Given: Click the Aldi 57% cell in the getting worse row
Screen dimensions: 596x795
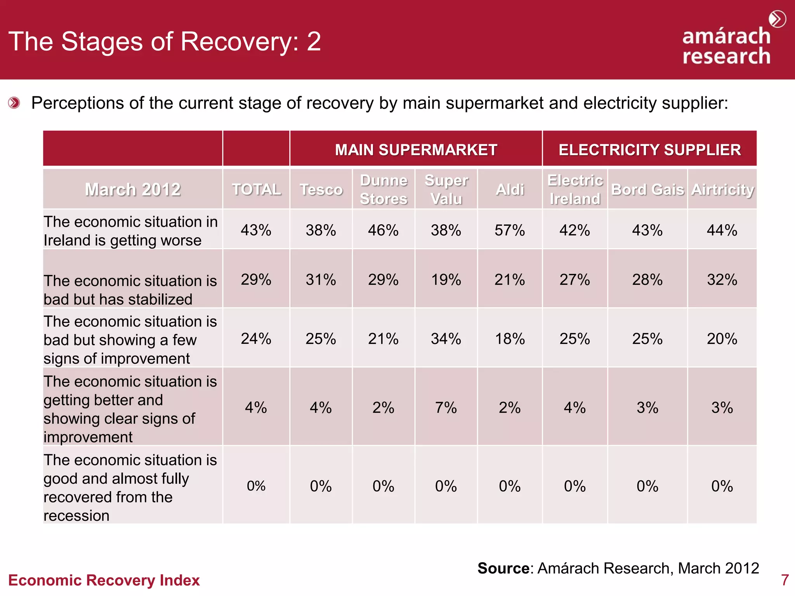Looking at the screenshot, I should [x=509, y=230].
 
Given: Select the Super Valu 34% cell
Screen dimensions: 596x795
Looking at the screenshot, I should [x=446, y=339].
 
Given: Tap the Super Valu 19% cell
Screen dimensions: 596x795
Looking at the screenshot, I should [x=446, y=280].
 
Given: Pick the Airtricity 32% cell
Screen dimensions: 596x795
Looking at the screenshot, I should [x=722, y=280].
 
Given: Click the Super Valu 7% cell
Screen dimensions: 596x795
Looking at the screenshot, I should [x=446, y=408].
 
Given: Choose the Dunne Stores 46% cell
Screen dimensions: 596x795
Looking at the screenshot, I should [x=383, y=230].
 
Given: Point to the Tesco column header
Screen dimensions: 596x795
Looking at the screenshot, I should [x=321, y=190].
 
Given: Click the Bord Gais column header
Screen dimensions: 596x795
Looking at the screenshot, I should [x=647, y=190].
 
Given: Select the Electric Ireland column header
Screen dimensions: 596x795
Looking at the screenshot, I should [x=575, y=190].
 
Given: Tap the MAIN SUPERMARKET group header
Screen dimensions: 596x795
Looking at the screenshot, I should [x=416, y=150].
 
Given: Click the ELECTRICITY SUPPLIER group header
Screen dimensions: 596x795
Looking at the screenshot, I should [x=649, y=150].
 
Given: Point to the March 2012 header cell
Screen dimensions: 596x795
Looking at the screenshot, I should [x=133, y=190].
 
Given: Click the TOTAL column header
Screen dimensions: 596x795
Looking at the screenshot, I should [x=256, y=190].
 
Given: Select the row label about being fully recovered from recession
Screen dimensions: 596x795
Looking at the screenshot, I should [x=130, y=488].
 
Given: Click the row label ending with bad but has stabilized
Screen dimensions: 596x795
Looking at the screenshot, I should [x=130, y=290].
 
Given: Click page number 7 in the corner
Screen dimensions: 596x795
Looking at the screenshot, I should [x=785, y=580].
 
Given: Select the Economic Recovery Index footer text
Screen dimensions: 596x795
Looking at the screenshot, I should [x=104, y=580].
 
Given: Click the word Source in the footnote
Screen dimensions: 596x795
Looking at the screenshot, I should [x=503, y=568].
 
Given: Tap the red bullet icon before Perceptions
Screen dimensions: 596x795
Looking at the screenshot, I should [x=14, y=103].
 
